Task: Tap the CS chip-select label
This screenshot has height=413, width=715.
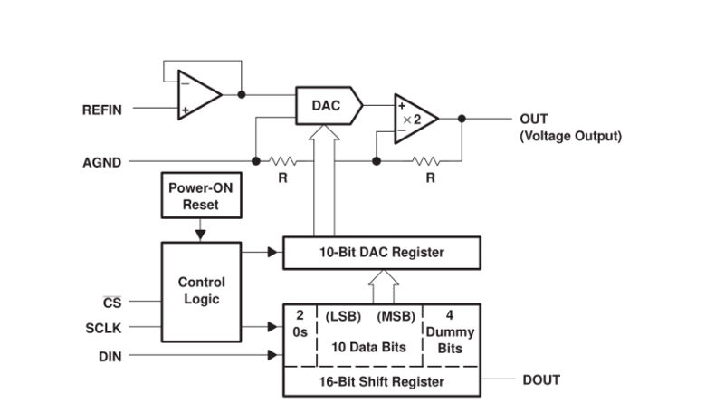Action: [x=110, y=301]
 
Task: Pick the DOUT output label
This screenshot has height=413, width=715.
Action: [x=541, y=379]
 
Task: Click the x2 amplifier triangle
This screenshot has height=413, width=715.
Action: [x=412, y=119]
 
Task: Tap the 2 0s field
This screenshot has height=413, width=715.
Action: [x=300, y=325]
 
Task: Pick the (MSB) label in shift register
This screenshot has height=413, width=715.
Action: [x=396, y=317]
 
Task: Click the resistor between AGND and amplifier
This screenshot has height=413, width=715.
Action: [x=282, y=162]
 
